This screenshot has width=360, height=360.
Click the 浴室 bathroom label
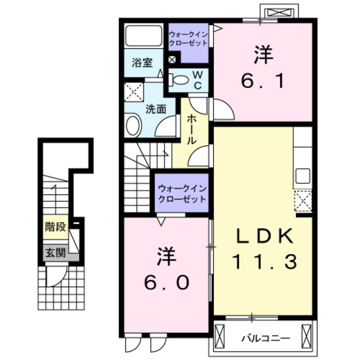(x=143, y=63)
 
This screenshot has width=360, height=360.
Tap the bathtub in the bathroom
(x=143, y=35)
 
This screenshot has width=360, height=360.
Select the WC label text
(x=198, y=80)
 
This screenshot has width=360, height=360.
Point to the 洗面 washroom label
(x=156, y=109)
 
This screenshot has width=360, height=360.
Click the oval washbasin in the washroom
(x=133, y=125)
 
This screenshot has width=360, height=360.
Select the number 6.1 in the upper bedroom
(x=263, y=81)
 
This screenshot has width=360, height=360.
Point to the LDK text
(x=263, y=237)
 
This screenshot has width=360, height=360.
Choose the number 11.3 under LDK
(x=263, y=261)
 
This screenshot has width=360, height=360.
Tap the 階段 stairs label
(x=56, y=227)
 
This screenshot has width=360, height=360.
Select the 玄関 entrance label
(x=55, y=253)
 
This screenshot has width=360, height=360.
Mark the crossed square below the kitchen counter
(x=303, y=200)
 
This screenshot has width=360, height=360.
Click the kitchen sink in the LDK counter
(x=302, y=176)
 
